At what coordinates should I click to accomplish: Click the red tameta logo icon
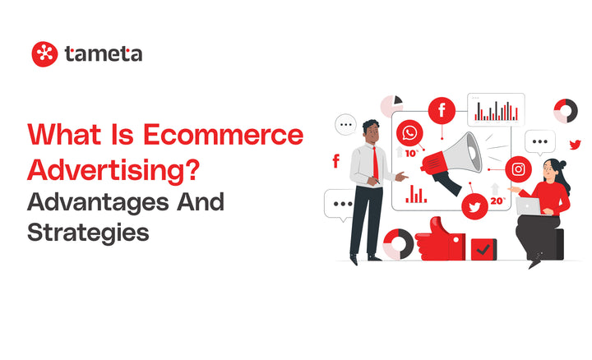[x=44, y=54]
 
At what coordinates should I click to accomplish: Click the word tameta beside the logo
[x=102, y=54]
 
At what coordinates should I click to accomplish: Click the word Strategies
[x=88, y=232]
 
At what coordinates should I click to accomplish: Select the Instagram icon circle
[x=518, y=169]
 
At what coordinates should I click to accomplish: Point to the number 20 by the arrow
[x=497, y=201]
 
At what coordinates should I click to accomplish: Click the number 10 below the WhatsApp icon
[x=410, y=154]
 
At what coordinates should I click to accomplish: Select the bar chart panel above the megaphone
[x=496, y=109]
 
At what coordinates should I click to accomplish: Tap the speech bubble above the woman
[x=539, y=142]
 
